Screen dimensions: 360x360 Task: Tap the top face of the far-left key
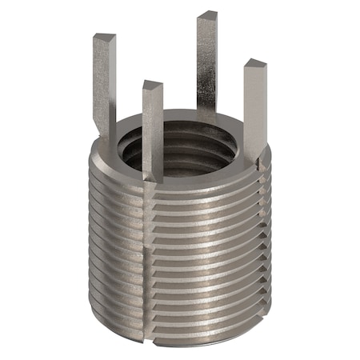(104, 38)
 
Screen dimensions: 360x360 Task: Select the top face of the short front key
(152, 84)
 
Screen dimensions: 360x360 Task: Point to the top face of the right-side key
(255, 64)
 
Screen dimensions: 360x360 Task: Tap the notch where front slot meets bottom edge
(152, 329)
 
